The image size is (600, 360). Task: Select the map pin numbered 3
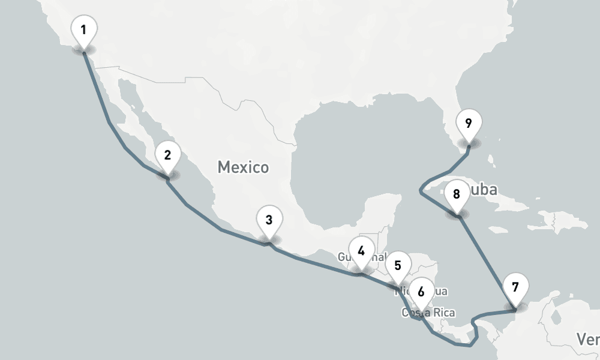tap(269, 220)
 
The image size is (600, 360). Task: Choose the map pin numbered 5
tap(398, 265)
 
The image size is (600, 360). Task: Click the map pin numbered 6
tap(421, 292)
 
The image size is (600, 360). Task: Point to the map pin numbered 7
tap(515, 287)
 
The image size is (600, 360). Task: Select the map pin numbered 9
tap(468, 124)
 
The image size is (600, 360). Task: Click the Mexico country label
tap(243, 167)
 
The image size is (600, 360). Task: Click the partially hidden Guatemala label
tap(345, 257)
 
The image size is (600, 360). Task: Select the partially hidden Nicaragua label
tap(438, 292)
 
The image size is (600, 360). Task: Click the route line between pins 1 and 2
tap(109, 123)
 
